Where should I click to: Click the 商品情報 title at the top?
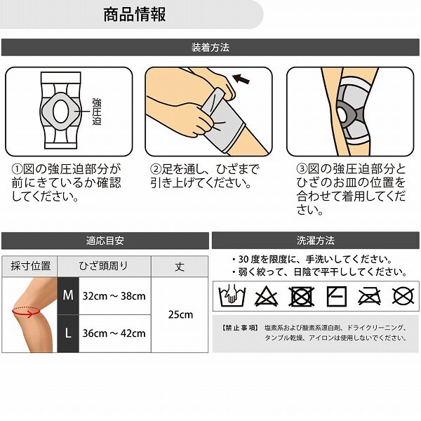(135, 15)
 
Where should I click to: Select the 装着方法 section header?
(210, 47)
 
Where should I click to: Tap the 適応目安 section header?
(105, 240)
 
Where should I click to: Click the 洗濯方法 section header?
(316, 240)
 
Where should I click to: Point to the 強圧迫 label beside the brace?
(97, 112)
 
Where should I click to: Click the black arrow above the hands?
(241, 79)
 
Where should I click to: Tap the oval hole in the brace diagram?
(60, 112)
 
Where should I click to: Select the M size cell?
(68, 295)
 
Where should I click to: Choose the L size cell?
(68, 333)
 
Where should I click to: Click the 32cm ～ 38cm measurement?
(114, 296)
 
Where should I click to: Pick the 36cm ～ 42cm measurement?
(114, 333)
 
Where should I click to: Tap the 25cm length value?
(180, 314)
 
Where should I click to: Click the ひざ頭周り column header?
(103, 266)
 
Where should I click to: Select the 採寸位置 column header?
(30, 266)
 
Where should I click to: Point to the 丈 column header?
(180, 267)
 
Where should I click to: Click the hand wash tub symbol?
(232, 295)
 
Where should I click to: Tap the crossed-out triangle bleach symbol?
(266, 296)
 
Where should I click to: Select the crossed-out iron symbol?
(370, 296)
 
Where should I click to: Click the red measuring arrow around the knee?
(26, 313)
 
